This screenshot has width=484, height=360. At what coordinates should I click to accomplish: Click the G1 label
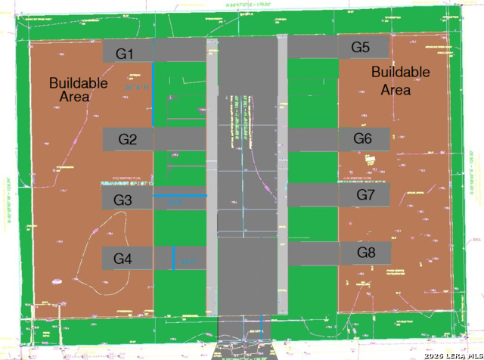click(124, 54)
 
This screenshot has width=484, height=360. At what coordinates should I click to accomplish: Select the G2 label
click(128, 139)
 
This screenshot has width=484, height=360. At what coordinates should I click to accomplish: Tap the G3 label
click(123, 200)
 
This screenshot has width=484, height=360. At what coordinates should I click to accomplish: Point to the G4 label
click(123, 259)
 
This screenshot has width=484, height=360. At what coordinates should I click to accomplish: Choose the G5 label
click(361, 48)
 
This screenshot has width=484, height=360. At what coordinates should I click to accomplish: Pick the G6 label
click(363, 138)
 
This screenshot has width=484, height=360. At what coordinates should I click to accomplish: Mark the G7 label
click(366, 195)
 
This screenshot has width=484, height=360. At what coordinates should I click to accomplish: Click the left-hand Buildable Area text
click(78, 90)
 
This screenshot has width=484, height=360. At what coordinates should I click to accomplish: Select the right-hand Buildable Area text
click(400, 81)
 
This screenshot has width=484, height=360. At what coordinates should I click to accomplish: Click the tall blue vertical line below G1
click(153, 95)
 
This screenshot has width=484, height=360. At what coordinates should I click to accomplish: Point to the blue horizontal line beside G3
click(180, 196)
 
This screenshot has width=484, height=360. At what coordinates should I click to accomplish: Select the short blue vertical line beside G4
click(173, 258)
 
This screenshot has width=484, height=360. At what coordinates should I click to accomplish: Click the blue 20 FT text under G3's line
click(174, 203)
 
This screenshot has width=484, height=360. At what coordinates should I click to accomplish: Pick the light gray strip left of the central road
click(212, 174)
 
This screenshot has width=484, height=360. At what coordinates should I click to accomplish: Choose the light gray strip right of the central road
click(282, 174)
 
